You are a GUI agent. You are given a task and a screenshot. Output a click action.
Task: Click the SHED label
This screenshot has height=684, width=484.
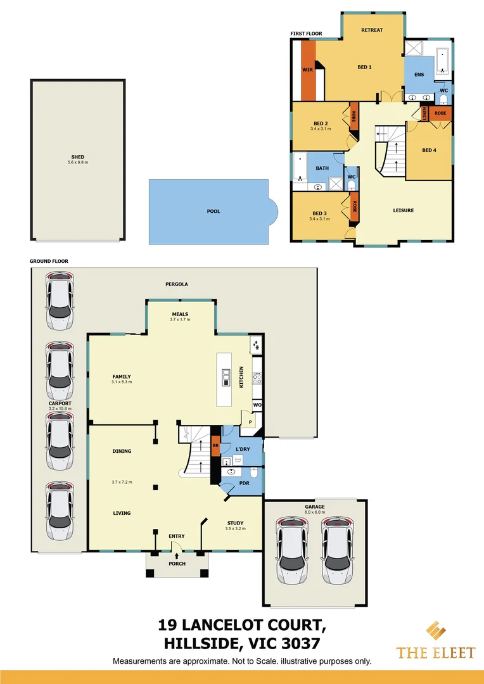78,157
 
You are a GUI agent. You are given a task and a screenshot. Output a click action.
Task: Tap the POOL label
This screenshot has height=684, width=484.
213,211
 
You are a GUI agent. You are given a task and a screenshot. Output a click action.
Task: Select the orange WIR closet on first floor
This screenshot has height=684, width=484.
308,70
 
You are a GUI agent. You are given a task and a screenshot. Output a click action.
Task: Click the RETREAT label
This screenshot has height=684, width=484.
372,30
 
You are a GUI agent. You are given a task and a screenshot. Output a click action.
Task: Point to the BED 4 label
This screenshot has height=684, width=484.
429,150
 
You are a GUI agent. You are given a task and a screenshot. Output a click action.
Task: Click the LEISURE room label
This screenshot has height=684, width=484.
403,210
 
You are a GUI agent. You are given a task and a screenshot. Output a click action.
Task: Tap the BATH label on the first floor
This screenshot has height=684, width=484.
322,168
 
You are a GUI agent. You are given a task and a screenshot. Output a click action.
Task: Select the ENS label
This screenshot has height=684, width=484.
419,75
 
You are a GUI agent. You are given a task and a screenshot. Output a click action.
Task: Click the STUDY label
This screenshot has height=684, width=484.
235,522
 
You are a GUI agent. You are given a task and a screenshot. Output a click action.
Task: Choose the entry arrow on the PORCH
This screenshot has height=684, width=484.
177,555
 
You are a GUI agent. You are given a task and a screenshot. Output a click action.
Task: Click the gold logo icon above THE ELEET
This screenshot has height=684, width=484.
435,631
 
